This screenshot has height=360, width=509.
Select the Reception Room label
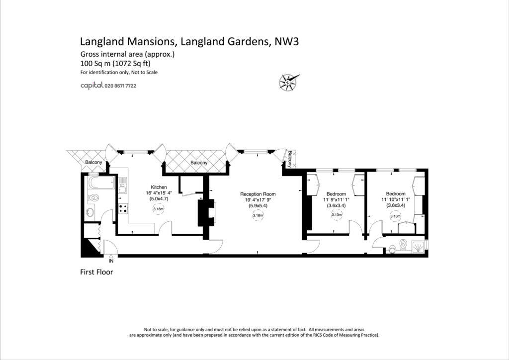tap(257, 194)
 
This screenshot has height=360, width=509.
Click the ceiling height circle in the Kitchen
tap(159, 209)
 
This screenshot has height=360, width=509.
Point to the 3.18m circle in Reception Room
tap(257, 216)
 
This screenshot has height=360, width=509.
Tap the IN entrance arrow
tap(111, 257)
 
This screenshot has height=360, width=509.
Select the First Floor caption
tap(96, 272)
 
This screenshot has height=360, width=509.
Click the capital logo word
tap(91, 86)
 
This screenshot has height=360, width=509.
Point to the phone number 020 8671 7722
tap(120, 86)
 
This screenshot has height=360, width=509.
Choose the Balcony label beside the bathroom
tap(93, 163)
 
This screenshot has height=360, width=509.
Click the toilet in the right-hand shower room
tap(404, 245)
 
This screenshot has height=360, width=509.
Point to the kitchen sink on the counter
tap(122, 188)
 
